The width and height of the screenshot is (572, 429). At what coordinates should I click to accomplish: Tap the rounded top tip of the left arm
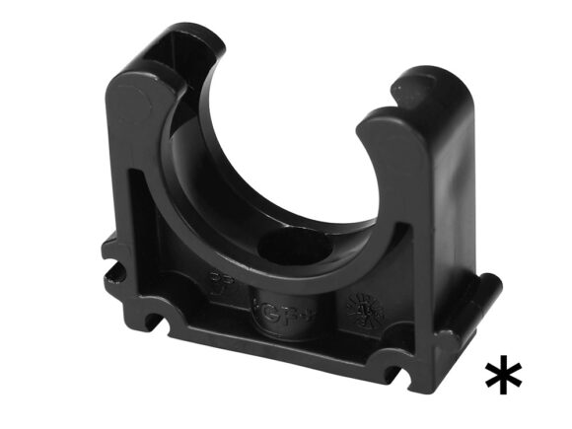coord(137,77)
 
